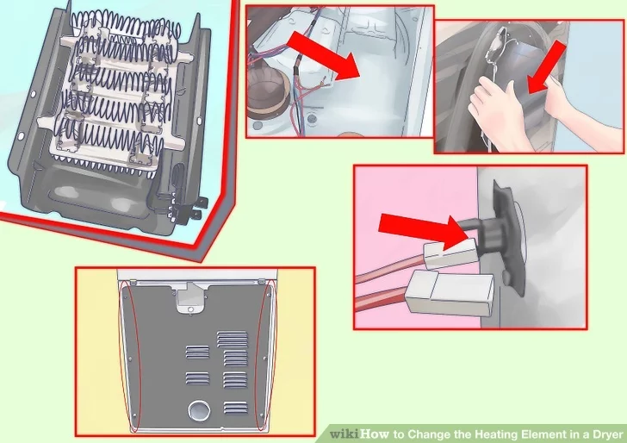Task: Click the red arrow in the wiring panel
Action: (323, 56)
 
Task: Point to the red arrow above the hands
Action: (546, 67)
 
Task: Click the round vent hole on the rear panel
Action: (198, 411)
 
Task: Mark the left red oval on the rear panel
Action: (130, 357)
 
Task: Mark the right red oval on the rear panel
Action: (266, 355)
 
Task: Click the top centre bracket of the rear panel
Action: (190, 298)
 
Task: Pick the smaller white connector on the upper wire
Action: (451, 253)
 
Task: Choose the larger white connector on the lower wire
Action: (450, 293)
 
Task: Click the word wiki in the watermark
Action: (345, 434)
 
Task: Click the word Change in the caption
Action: (429, 434)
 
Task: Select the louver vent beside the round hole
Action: (235, 408)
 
